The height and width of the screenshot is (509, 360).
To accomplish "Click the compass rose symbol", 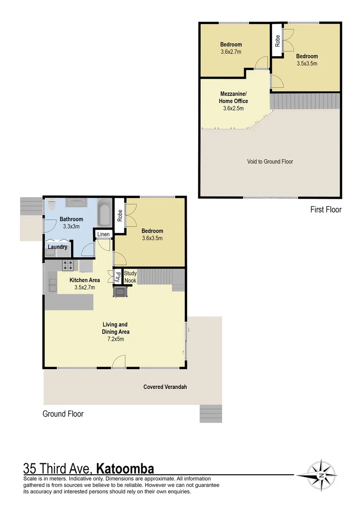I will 321,475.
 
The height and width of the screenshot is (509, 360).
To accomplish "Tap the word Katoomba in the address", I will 125,469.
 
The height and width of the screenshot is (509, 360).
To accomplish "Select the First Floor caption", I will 326,210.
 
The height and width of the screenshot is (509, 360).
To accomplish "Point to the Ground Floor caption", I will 63,414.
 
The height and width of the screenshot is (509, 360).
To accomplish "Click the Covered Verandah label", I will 165,387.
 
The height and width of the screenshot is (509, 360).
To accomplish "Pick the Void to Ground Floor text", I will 270,162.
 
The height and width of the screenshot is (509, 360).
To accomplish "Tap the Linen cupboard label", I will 104,234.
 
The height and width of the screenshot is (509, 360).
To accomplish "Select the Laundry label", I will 57,247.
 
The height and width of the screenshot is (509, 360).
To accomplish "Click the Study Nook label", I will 130,277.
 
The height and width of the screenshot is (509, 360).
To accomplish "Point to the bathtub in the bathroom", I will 104,213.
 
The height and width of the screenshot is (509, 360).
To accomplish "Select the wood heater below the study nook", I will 120,292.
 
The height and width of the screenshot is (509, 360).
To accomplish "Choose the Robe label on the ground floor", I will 120,215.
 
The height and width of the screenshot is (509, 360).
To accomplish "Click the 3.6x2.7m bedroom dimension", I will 230,52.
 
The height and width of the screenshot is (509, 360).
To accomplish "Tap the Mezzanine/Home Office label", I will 233,97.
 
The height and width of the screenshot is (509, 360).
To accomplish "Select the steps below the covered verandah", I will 210,413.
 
